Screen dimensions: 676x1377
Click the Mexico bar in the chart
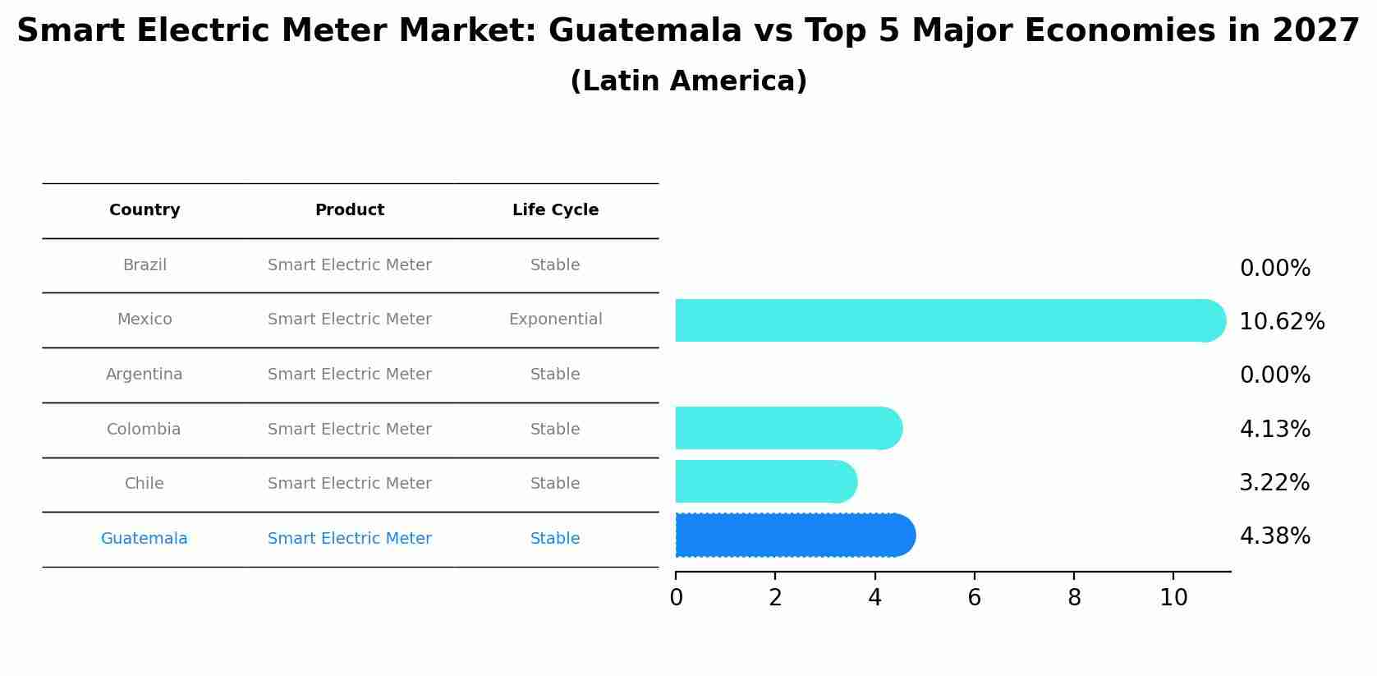pyautogui.click(x=944, y=320)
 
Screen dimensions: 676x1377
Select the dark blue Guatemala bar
pyautogui.click(x=792, y=536)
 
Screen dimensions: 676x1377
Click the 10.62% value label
pyautogui.click(x=1282, y=322)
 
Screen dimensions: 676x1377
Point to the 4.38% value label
pyautogui.click(x=1274, y=536)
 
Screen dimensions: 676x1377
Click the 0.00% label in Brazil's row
pyautogui.click(x=1274, y=269)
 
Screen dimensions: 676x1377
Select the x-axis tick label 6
pyautogui.click(x=974, y=598)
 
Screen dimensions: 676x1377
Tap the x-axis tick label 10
pyautogui.click(x=1173, y=598)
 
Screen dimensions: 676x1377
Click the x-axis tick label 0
pyautogui.click(x=676, y=598)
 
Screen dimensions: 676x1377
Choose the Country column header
pyautogui.click(x=145, y=210)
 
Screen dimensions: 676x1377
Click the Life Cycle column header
pyautogui.click(x=555, y=210)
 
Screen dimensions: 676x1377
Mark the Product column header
pyautogui.click(x=350, y=210)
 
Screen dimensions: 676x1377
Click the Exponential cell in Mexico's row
pyautogui.click(x=555, y=320)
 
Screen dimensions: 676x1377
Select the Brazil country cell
pyautogui.click(x=145, y=265)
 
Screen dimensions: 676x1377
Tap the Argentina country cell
pyautogui.click(x=145, y=375)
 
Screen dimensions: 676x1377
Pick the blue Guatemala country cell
pyautogui.click(x=145, y=539)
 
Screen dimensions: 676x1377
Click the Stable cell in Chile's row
pyautogui.click(x=555, y=484)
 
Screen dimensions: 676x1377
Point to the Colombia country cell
pyautogui.click(x=144, y=430)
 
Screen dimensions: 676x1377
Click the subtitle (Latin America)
pyautogui.click(x=688, y=81)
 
